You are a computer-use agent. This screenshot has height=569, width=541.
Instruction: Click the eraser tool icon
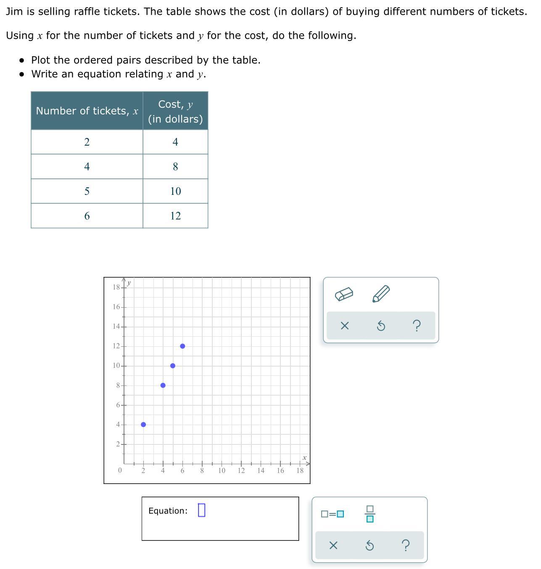[344, 294]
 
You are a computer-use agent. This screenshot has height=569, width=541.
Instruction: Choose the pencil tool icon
[381, 294]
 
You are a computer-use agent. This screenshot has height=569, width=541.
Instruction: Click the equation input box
[201, 510]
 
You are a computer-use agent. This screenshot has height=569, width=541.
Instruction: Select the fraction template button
[370, 514]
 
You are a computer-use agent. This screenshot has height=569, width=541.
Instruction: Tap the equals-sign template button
[332, 514]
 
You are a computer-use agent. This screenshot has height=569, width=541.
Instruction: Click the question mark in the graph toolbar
[417, 326]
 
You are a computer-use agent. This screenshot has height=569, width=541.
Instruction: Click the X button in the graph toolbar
[344, 326]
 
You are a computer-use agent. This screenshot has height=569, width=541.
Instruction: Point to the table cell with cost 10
[175, 191]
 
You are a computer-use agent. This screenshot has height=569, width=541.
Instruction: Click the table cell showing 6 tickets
[87, 216]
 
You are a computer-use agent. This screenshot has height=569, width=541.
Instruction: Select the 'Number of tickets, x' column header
[87, 111]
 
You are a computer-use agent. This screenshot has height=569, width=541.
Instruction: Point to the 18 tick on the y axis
[116, 287]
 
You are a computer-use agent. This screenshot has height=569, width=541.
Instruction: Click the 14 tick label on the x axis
[261, 471]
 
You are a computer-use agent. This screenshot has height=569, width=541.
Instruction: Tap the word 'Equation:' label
[168, 511]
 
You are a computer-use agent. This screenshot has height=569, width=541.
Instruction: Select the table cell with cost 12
[175, 216]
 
